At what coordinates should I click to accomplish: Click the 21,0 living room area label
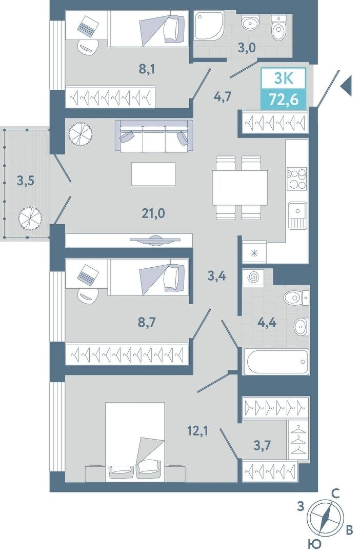coord(153,213)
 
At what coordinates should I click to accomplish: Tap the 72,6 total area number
coord(284,100)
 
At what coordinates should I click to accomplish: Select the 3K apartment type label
coord(284,78)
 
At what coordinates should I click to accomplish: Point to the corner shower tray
coord(209,25)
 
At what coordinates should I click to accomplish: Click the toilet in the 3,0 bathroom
coord(278,28)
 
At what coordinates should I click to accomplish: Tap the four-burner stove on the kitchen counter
coord(297,180)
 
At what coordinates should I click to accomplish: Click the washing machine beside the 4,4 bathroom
coord(253,277)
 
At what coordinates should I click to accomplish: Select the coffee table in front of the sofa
coord(153,173)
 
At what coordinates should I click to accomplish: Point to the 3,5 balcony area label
coord(26,181)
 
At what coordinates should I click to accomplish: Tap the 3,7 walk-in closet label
coord(262,446)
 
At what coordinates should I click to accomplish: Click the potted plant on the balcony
coord(30,217)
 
